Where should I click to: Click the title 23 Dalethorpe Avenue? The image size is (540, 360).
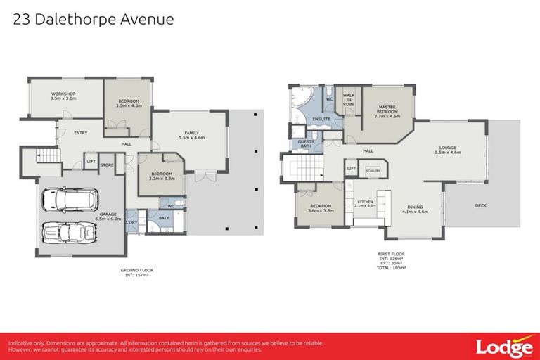point(94,19)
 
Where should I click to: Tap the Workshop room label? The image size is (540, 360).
point(63,96)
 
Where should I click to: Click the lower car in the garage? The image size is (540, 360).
point(63,233)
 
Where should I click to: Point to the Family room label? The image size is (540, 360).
point(191,135)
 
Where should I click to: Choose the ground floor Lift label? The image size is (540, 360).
point(91,162)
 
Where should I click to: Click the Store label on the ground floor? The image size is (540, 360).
point(107,166)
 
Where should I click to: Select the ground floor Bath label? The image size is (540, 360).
point(164,219)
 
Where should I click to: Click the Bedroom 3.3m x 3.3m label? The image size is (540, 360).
point(161,176)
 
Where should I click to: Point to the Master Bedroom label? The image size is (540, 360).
point(387,110)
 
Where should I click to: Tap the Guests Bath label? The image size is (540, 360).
point(306,143)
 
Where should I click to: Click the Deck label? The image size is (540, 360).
point(480,206)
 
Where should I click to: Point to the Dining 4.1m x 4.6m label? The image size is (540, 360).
point(415,209)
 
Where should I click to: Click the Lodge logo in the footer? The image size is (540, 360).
point(503,347)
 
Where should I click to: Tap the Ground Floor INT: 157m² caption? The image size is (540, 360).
point(137,272)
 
